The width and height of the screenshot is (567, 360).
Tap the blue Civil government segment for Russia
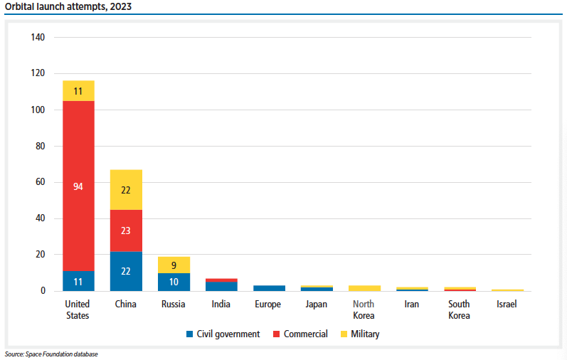(x=174, y=282)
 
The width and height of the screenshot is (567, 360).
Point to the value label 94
(x=78, y=186)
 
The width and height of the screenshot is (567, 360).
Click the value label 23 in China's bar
(x=126, y=231)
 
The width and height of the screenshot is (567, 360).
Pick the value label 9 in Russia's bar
(x=174, y=265)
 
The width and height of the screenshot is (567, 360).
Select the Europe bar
(x=269, y=288)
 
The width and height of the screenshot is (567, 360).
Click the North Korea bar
(x=364, y=288)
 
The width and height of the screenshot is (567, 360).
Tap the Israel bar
(x=507, y=290)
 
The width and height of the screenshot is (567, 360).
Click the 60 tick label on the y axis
(x=41, y=182)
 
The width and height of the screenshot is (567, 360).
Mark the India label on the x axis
(x=221, y=305)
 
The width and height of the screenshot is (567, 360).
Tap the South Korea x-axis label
(x=459, y=309)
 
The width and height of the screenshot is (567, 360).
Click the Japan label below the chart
(x=316, y=305)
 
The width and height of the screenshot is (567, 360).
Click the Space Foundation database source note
(x=51, y=354)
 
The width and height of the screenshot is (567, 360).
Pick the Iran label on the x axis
(x=411, y=305)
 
